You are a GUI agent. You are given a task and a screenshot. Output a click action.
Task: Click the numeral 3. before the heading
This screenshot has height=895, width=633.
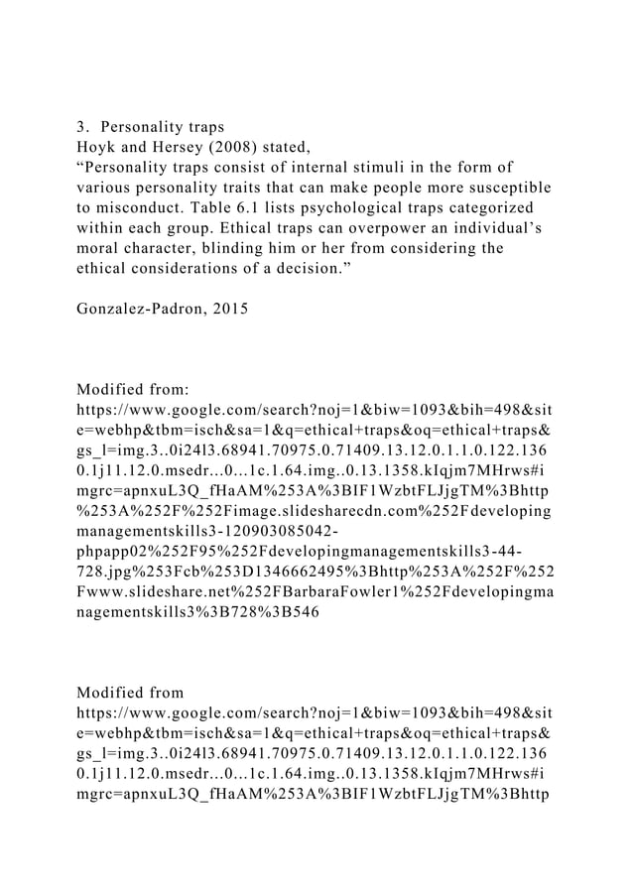point(84,127)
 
